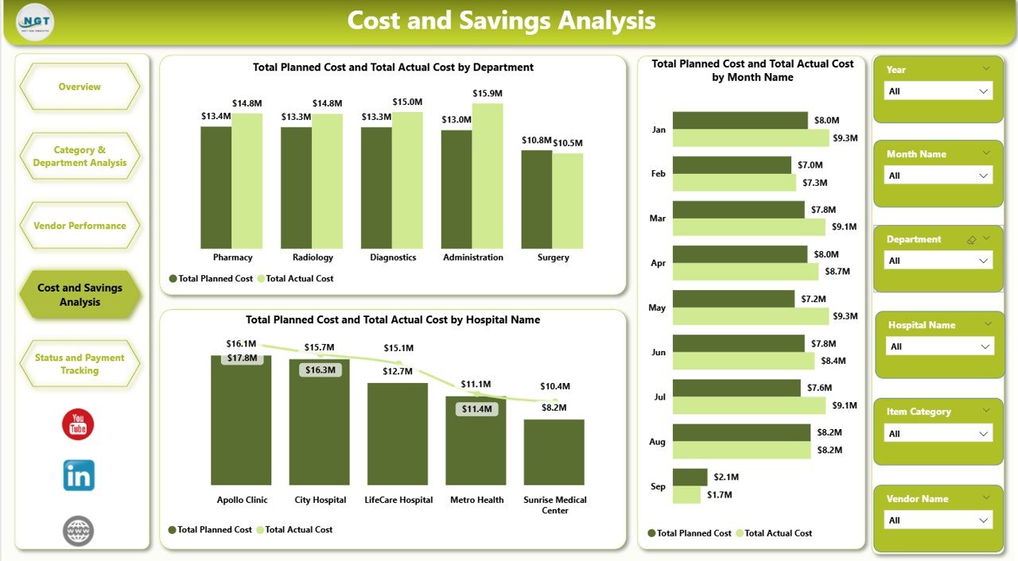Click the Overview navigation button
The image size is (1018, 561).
(x=80, y=87)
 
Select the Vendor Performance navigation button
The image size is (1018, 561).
(x=80, y=226)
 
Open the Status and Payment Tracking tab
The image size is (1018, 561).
(x=80, y=364)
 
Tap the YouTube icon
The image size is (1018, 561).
(x=78, y=424)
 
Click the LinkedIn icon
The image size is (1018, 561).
(x=79, y=475)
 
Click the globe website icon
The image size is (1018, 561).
(x=78, y=531)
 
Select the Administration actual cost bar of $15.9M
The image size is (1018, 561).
(x=488, y=176)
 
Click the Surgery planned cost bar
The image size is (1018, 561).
(x=537, y=199)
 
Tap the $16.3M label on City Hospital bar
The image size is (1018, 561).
(x=320, y=369)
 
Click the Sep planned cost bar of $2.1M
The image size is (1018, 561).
(x=690, y=477)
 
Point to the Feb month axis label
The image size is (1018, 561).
(x=658, y=173)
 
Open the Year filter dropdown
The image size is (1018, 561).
(x=938, y=91)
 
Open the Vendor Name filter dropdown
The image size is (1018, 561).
(x=938, y=520)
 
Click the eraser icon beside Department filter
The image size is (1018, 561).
(x=970, y=239)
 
